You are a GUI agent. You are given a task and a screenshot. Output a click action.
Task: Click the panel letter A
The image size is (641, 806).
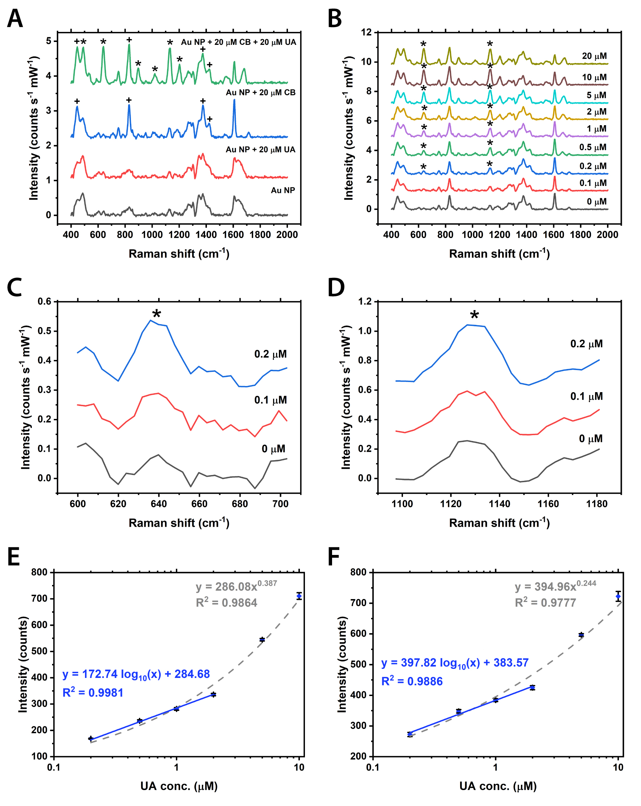(x=15, y=18)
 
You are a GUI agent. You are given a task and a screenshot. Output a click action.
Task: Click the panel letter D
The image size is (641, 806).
(x=336, y=288)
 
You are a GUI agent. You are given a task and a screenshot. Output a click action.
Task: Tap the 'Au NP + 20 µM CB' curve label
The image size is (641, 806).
(x=260, y=92)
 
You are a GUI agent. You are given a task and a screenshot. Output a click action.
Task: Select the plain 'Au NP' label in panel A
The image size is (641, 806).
(x=283, y=190)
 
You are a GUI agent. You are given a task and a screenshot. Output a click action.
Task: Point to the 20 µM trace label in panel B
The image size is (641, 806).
(x=594, y=56)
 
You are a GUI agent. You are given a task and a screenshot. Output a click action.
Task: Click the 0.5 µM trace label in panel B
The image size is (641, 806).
(x=593, y=147)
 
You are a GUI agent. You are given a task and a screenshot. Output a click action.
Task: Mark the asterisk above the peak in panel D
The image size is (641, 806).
(x=474, y=315)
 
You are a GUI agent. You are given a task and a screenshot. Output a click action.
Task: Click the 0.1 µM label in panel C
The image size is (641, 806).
(x=270, y=400)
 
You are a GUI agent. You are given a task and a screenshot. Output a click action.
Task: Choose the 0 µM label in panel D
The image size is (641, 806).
(x=591, y=438)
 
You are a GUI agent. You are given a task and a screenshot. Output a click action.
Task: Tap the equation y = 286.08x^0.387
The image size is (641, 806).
(x=236, y=586)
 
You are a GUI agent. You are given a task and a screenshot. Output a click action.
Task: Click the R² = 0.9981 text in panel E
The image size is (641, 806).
(x=93, y=693)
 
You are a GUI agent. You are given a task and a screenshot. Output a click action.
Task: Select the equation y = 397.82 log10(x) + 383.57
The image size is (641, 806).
(x=454, y=663)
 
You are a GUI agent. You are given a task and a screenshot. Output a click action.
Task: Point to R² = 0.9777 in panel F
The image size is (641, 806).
(x=545, y=602)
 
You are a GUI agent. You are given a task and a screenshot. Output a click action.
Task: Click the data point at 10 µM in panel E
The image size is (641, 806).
(x=299, y=596)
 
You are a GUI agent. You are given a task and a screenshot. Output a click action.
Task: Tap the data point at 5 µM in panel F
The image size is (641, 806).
(x=581, y=635)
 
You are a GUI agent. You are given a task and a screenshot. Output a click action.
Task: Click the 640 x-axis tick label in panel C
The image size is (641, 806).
(x=158, y=504)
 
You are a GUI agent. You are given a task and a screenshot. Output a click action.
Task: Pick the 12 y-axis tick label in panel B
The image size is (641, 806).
(x=366, y=32)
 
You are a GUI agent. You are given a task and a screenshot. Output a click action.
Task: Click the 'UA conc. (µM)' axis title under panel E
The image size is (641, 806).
(x=179, y=786)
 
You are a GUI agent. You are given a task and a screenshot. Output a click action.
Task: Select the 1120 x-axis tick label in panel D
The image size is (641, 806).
(x=451, y=504)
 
